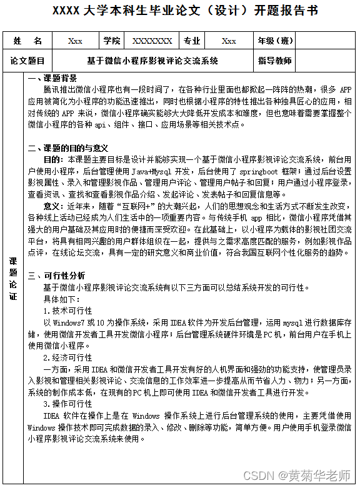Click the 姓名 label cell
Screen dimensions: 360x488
[27, 41]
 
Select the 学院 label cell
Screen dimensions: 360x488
[112, 41]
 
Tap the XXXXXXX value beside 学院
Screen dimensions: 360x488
[152, 41]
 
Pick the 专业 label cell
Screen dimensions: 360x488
[192, 41]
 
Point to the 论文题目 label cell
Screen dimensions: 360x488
[27, 61]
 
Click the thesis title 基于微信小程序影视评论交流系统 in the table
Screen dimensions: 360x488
[152, 61]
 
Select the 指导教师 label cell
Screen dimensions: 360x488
[275, 61]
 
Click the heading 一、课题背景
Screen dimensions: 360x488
[53, 78]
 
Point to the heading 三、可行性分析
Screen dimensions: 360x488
[57, 275]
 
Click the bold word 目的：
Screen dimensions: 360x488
[54, 159]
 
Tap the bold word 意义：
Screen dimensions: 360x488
[54, 206]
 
